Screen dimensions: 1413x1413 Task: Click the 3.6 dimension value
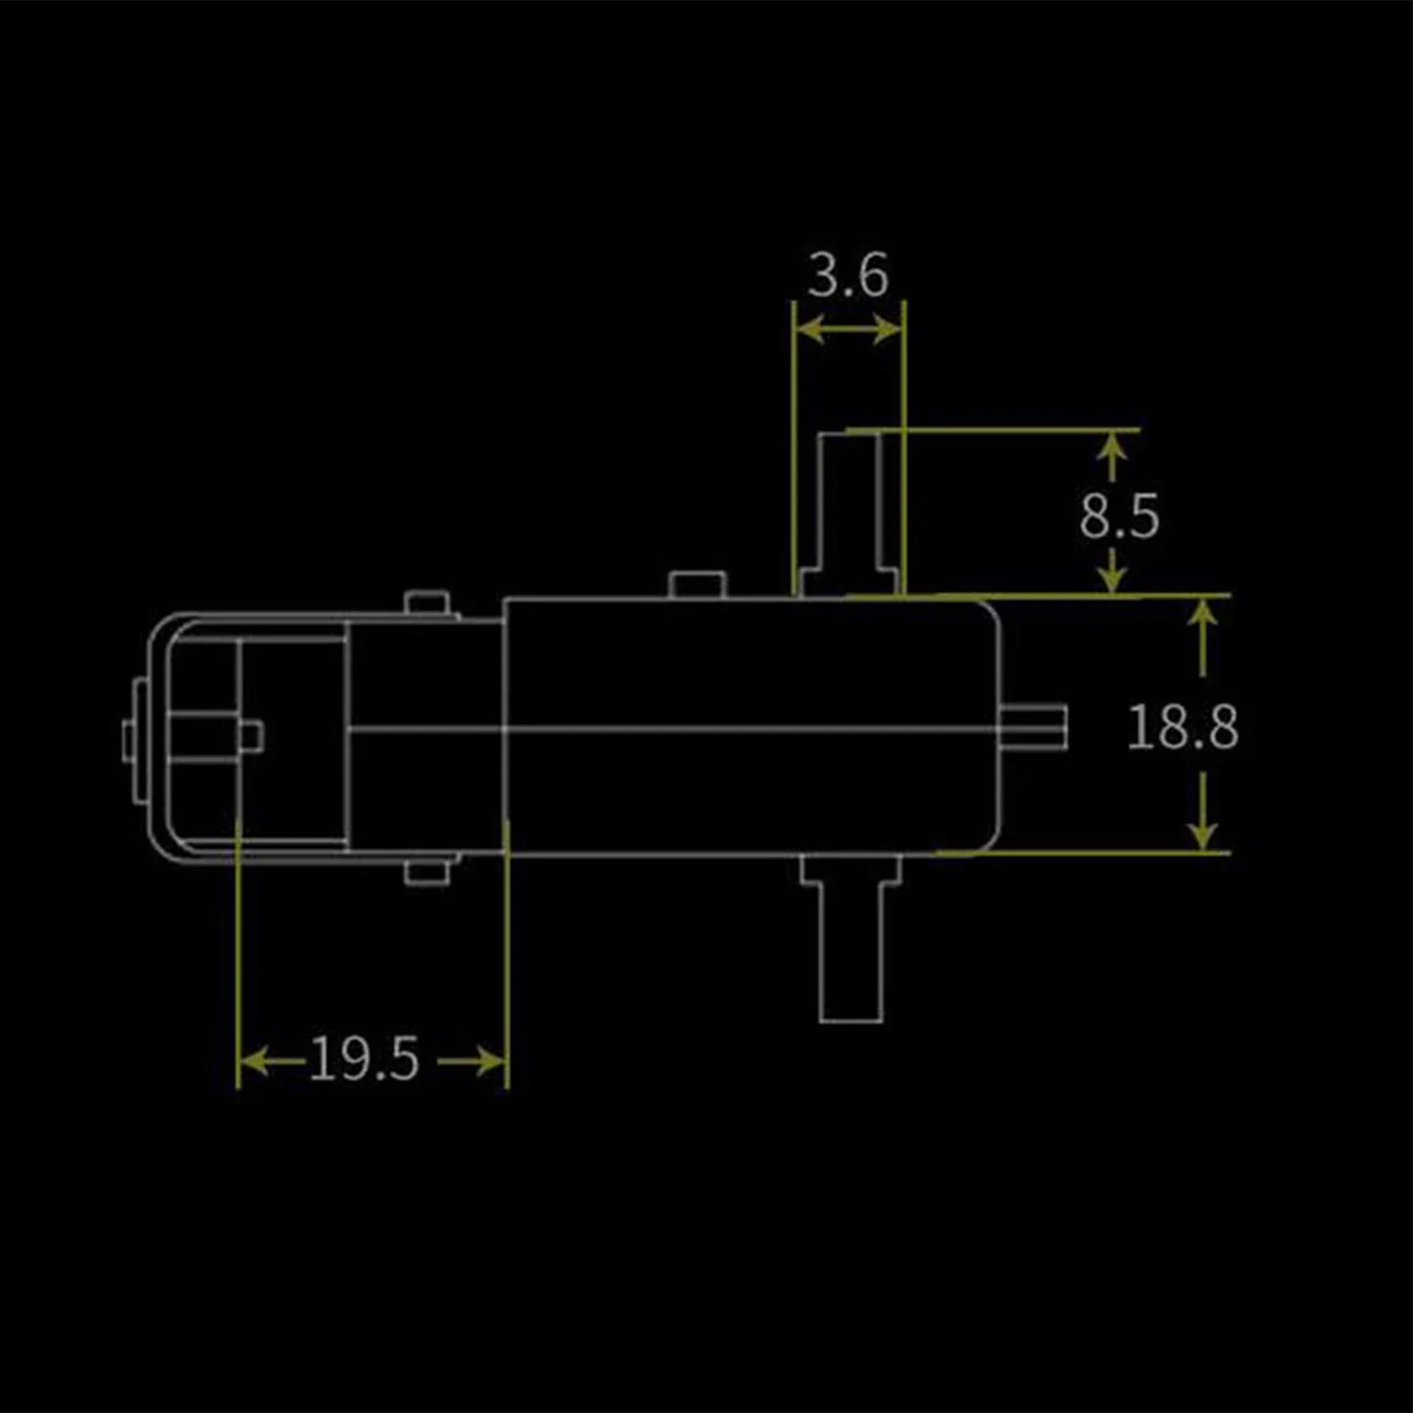coord(848,276)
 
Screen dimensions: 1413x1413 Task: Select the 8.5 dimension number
coord(1118,517)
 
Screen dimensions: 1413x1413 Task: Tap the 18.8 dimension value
coord(1183,728)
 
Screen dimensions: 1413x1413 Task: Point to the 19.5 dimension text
coord(363,1059)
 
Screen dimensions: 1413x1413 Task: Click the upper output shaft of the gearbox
coord(849,503)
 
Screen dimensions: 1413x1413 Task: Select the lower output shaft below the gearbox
coord(850,954)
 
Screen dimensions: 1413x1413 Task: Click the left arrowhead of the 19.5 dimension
coord(253,1061)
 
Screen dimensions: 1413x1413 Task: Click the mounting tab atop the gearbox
coord(697,586)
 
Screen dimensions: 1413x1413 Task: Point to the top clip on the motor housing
coord(428,604)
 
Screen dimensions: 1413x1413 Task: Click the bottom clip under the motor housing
coord(428,872)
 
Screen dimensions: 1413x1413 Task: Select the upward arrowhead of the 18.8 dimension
coord(1203,613)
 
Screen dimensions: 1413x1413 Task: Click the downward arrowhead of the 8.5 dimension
coord(1114,579)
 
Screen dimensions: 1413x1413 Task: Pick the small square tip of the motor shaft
coord(252,736)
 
